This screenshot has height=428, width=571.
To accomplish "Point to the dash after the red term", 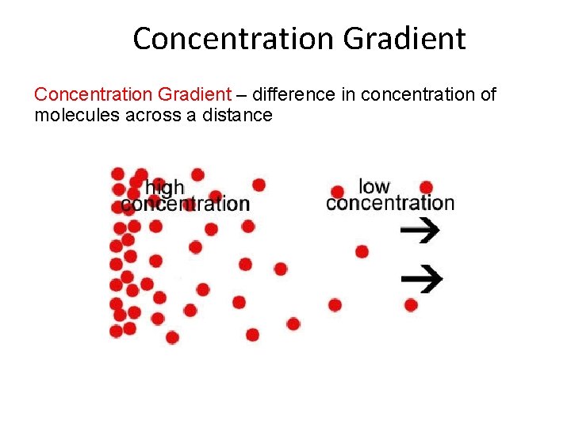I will pos(241,96).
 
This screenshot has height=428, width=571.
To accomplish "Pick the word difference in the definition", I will pos(293,95).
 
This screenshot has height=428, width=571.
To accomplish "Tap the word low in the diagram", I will pos(374,186).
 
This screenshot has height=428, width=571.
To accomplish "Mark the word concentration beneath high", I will pos(186,204).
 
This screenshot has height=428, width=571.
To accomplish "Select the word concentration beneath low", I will pos(390,203).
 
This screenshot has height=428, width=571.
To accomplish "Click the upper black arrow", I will pos(420,230).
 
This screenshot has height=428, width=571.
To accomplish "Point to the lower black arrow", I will pos(421,278).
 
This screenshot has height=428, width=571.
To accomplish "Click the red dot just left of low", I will pos(338,192).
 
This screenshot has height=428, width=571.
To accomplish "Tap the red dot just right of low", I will pos(426,188).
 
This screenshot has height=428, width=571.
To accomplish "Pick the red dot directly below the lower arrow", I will pos(411,304).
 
